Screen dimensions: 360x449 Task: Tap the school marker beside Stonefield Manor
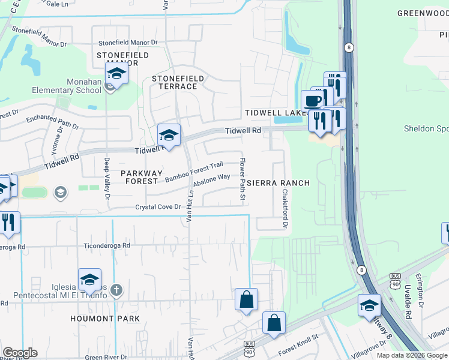tap(116, 74)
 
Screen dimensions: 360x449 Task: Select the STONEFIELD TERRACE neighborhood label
tap(178, 82)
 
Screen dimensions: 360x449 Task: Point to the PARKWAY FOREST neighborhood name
tap(142, 178)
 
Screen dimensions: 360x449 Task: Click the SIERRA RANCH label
tap(279, 183)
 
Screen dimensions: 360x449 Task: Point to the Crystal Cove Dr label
tap(158, 207)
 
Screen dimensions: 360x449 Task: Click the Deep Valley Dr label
tap(107, 178)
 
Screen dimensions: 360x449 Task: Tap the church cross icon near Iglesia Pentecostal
tap(116, 290)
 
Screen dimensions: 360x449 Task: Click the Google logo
tap(20, 353)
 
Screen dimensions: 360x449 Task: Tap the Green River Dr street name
tap(106, 357)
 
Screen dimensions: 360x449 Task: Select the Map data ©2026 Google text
tap(411, 355)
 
